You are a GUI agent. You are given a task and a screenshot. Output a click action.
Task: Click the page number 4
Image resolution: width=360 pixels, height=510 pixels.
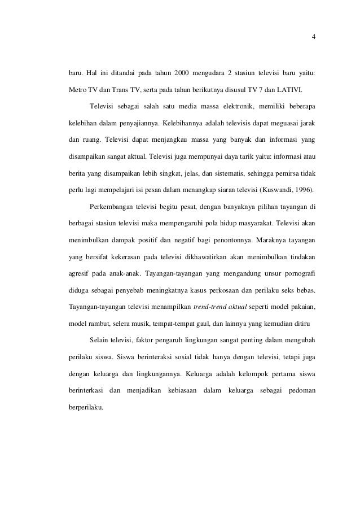click(x=314, y=38)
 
